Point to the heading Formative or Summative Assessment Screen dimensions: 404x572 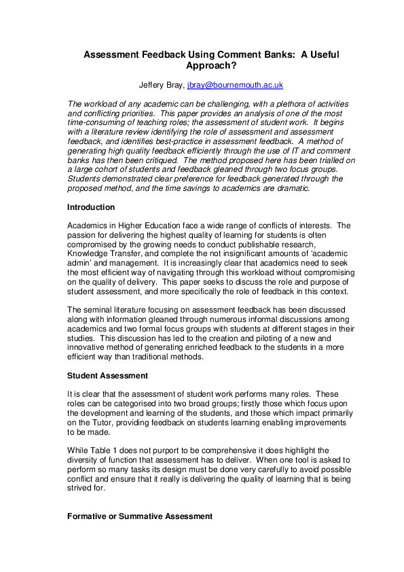pyautogui.click(x=139, y=516)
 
